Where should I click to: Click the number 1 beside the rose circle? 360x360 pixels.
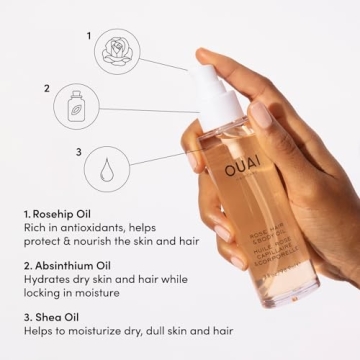(91, 34)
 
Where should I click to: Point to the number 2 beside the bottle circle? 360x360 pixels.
(45, 88)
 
